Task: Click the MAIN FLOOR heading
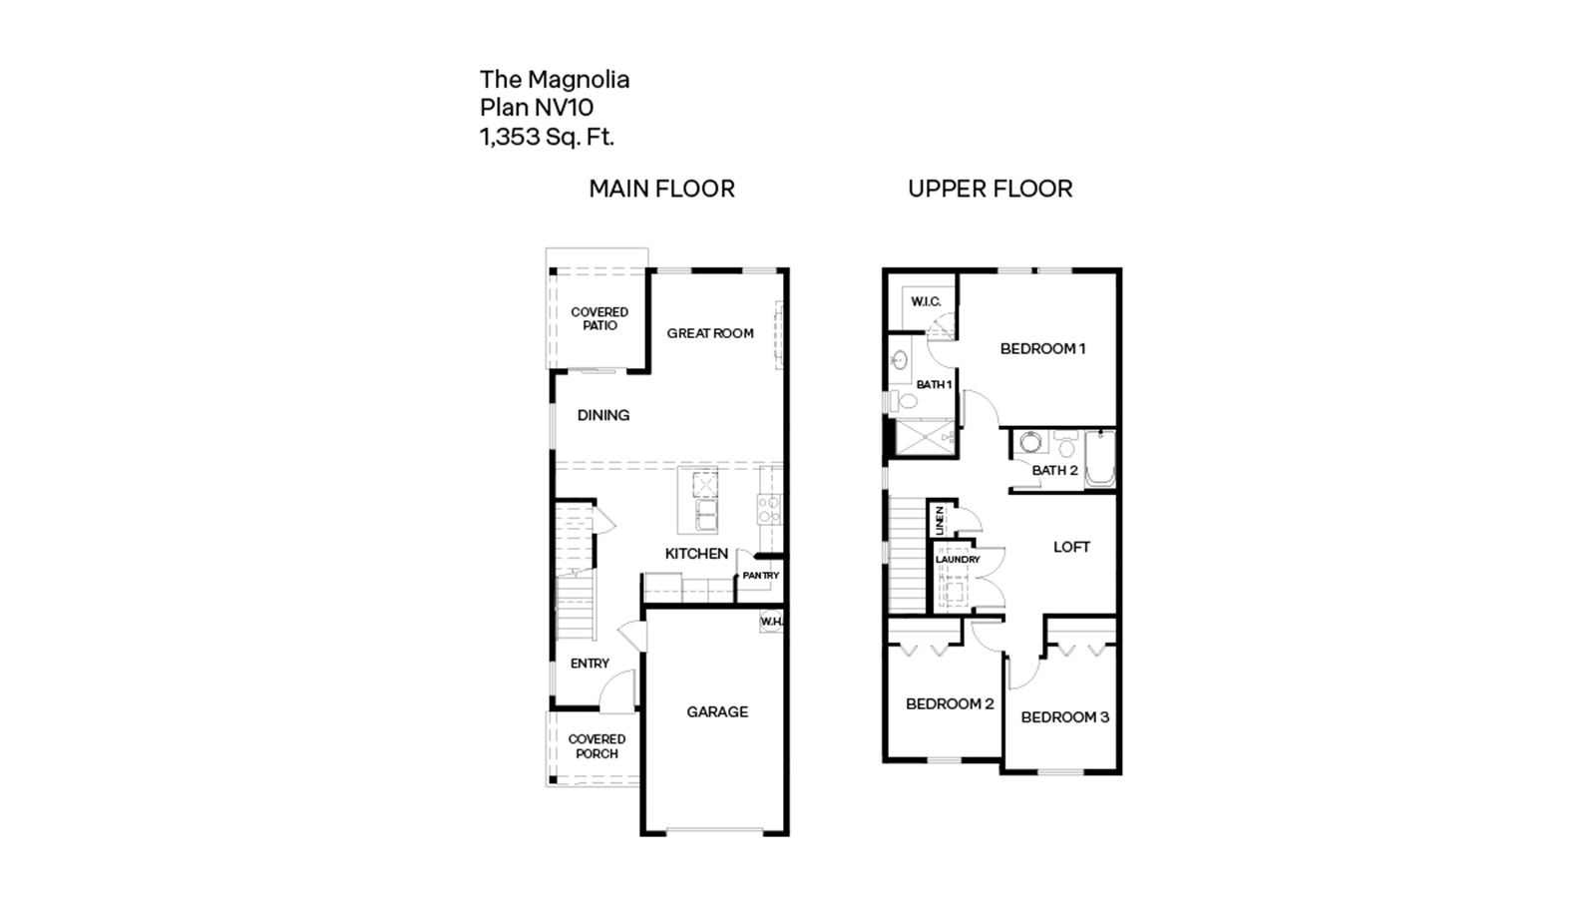point(661,189)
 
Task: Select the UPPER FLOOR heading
point(990,189)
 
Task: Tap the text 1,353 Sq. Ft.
point(547,137)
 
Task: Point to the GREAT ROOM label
point(710,333)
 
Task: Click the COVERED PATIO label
point(599,318)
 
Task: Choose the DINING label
point(602,415)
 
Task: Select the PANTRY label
point(760,576)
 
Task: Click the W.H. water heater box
point(771,622)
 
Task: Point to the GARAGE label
point(716,711)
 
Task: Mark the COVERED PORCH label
point(597,746)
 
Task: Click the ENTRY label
point(590,664)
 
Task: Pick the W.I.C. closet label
point(925,301)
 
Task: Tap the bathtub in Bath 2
point(1099,459)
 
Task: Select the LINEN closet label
point(939,519)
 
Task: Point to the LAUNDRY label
point(958,560)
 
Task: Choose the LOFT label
point(1071,547)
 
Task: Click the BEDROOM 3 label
point(1064,717)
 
